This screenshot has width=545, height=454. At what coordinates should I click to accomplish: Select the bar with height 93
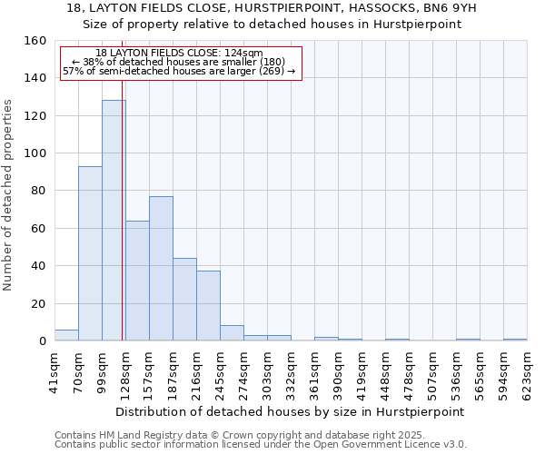tap(90, 253)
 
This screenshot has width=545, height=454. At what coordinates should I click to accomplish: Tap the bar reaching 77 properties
tap(161, 269)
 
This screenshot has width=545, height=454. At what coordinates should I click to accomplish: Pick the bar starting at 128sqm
tap(137, 281)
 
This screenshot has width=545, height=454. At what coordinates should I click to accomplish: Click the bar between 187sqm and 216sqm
tap(184, 300)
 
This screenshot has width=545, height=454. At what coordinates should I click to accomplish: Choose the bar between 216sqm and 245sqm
tap(208, 306)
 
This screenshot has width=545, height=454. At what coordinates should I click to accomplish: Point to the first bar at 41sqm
tap(66, 335)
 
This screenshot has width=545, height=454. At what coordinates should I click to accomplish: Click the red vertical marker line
tap(123, 227)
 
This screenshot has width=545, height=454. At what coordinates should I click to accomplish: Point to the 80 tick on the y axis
tap(38, 191)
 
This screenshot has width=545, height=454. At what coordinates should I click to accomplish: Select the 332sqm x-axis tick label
tap(291, 371)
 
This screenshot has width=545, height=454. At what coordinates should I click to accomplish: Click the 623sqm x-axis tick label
tap(527, 371)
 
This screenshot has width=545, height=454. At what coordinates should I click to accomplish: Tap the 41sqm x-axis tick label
tap(54, 371)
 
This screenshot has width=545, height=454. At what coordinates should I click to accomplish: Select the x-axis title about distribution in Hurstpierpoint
tap(291, 411)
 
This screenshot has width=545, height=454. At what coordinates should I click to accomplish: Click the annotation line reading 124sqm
tap(179, 54)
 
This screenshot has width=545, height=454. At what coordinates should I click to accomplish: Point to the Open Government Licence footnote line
tap(261, 445)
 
